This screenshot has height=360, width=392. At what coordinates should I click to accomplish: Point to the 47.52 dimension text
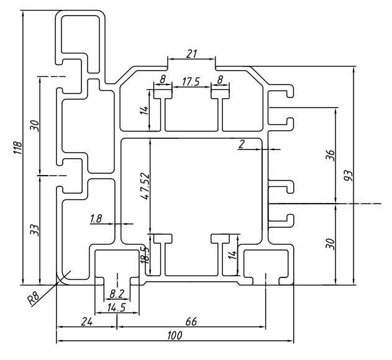tap(144, 186)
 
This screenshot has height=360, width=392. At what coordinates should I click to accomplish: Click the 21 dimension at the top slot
tap(191, 54)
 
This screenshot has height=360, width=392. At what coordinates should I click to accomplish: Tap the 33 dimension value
tap(34, 230)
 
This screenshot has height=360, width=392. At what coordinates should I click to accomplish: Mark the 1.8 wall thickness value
tap(96, 218)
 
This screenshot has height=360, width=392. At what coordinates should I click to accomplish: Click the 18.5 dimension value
tap(144, 254)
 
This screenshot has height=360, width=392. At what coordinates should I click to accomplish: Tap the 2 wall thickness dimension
tap(241, 145)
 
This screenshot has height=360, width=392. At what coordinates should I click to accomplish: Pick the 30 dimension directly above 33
tap(34, 126)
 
